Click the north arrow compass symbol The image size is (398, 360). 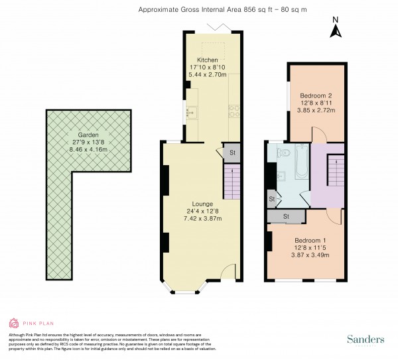coord(336,29)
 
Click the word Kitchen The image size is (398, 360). coord(207,60)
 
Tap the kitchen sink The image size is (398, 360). coord(190,112)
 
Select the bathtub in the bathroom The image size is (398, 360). coord(300,162)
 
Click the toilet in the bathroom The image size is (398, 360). coord(283,153)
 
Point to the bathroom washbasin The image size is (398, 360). coord(281,176)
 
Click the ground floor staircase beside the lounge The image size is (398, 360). coord(230,182)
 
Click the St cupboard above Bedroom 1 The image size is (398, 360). coord(286,216)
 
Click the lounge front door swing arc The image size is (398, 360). coord(228,272)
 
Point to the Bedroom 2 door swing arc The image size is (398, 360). coord(320,135)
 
